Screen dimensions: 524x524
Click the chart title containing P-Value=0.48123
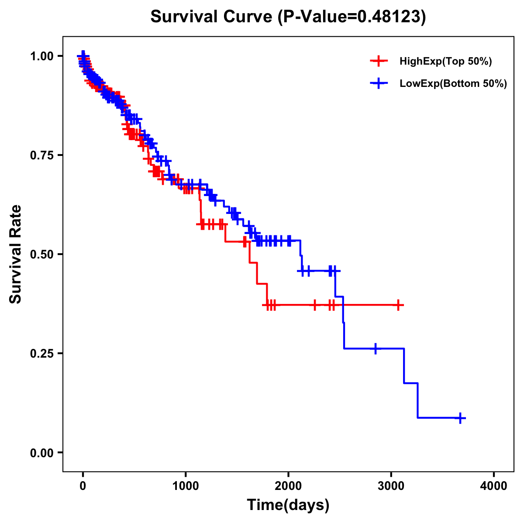pos(288,17)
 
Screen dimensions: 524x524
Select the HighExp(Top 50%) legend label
pos(445,62)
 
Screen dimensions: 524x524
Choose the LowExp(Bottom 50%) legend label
pos(453,84)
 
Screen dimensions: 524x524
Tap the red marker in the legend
pos(379,62)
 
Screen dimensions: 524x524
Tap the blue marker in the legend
pos(379,84)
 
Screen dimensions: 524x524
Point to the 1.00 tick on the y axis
pos(41,56)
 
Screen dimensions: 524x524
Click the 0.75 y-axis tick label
pos(41,155)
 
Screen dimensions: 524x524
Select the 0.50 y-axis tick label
pos(41,255)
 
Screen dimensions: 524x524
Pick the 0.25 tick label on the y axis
pos(41,353)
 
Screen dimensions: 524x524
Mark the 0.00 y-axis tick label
pos(41,453)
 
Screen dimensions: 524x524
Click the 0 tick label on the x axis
pos(83,486)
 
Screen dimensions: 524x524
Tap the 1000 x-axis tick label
pos(186,486)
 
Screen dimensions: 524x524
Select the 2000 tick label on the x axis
pos(288,486)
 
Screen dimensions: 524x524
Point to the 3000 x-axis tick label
pos(391,486)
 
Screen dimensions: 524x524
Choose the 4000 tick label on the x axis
pos(494,486)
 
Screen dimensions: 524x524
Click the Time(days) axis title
pos(288,505)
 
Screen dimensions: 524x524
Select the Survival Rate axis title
pos(16,254)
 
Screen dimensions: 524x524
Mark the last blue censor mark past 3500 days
pos(460,418)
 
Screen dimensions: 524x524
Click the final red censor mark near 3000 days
pos(398,305)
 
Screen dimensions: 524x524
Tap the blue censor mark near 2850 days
pos(376,348)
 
